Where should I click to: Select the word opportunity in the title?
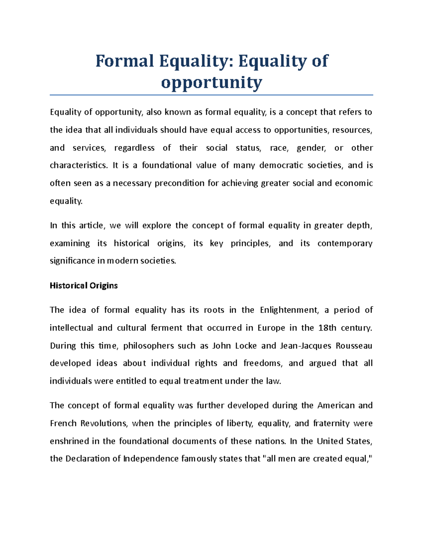pyautogui.click(x=211, y=83)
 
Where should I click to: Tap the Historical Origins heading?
pyautogui.click(x=84, y=286)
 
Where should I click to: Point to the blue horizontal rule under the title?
pyautogui.click(x=211, y=95)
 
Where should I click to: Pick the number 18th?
pyautogui.click(x=327, y=328)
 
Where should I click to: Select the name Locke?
pyautogui.click(x=246, y=346)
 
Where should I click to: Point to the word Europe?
pyautogui.click(x=271, y=328)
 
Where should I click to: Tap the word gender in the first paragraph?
pyautogui.click(x=311, y=148)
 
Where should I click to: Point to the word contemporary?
pyautogui.click(x=345, y=243)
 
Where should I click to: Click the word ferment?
pyautogui.click(x=166, y=328)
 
